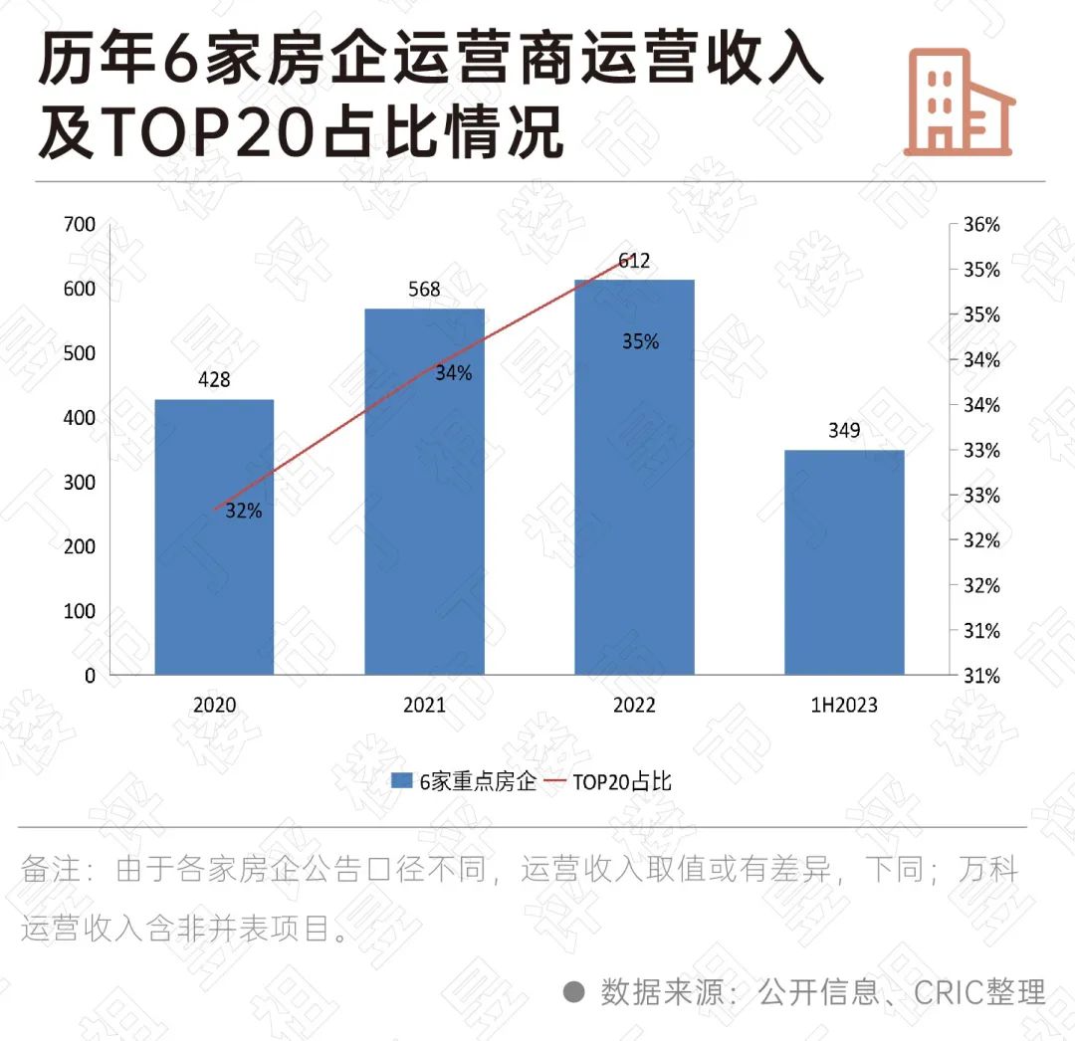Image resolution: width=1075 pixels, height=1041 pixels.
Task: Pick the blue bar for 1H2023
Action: click(x=844, y=562)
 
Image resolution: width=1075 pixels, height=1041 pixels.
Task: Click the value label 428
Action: click(x=214, y=379)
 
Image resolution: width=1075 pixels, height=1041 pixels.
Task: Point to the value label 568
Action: click(x=424, y=290)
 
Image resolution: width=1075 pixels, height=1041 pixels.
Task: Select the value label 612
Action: click(x=634, y=262)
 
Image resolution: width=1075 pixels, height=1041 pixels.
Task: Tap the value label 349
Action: click(x=844, y=431)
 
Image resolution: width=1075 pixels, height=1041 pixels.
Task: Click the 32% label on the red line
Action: click(x=244, y=512)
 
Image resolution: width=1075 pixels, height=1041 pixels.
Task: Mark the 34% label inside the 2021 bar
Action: click(x=454, y=374)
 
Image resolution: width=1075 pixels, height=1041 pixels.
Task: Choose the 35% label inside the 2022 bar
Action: click(x=640, y=341)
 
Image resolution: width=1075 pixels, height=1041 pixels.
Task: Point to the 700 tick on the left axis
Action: click(x=81, y=225)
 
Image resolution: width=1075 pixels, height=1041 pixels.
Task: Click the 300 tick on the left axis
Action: click(x=81, y=483)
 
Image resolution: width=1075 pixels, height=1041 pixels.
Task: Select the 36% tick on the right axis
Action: click(x=981, y=225)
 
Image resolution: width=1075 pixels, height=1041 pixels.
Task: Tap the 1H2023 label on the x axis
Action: click(x=844, y=706)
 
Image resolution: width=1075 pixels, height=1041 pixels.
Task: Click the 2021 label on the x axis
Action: click(x=424, y=706)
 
